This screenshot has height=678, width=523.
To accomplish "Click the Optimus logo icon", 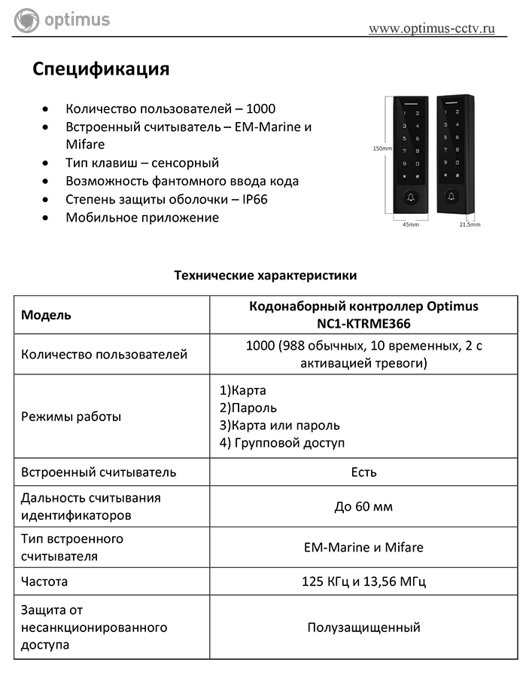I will pyautogui.click(x=26, y=20).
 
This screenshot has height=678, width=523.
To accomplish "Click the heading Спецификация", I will pyautogui.click(x=101, y=69).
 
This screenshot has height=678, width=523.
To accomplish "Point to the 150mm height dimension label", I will pyautogui.click(x=383, y=149).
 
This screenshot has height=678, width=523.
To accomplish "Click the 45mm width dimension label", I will pyautogui.click(x=411, y=224).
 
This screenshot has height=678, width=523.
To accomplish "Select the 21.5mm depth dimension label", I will pyautogui.click(x=470, y=224).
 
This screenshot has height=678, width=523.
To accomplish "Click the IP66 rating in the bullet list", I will pyautogui.click(x=254, y=200).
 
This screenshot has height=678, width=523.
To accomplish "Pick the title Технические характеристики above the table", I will pyautogui.click(x=266, y=276).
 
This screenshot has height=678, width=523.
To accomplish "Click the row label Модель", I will pyautogui.click(x=46, y=315).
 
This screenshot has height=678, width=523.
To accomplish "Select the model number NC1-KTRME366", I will pyautogui.click(x=363, y=323).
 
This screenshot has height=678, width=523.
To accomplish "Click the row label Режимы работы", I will pyautogui.click(x=71, y=417).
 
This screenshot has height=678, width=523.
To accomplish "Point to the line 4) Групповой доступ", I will pyautogui.click(x=282, y=443).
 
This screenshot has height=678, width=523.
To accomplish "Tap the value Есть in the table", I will pyautogui.click(x=363, y=472).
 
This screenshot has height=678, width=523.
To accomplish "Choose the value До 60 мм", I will pyautogui.click(x=363, y=506).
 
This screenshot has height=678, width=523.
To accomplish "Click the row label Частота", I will pyautogui.click(x=44, y=582).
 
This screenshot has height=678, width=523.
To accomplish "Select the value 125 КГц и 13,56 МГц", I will pyautogui.click(x=363, y=582).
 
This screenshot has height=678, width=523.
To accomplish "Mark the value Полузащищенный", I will pyautogui.click(x=363, y=627).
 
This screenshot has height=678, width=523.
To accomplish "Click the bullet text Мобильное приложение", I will pyautogui.click(x=142, y=218).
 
